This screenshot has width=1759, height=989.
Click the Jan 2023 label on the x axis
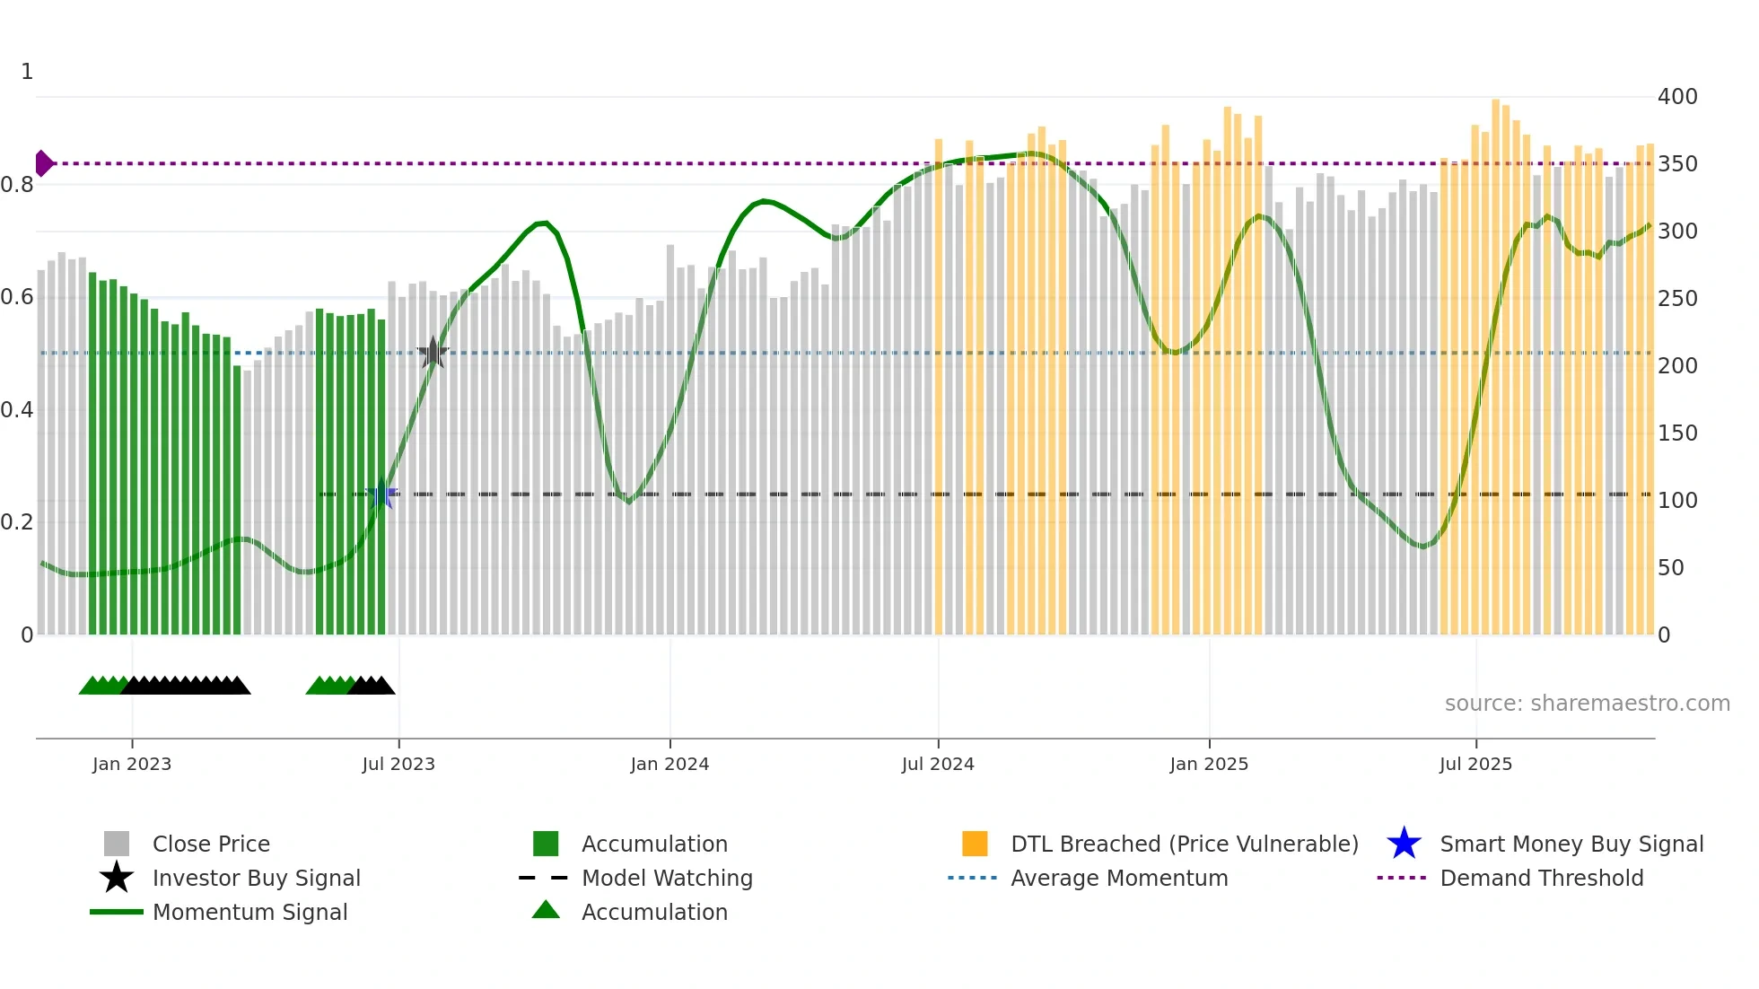click(132, 764)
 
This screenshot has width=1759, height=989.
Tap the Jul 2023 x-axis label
click(398, 764)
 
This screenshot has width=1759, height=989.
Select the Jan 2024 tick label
click(669, 764)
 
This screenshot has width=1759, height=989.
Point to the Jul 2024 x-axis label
click(938, 764)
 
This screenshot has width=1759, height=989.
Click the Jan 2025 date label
click(1209, 764)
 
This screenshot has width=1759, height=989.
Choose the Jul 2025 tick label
click(1475, 764)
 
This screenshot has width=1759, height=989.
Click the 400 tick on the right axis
click(1677, 96)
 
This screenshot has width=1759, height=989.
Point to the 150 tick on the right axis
click(1677, 433)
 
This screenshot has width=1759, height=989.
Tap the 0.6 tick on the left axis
click(17, 297)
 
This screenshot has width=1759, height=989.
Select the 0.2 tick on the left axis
click(17, 521)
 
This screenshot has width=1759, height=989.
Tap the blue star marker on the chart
click(382, 494)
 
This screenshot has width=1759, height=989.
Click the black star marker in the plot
click(433, 353)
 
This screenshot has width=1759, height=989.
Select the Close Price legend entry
click(210, 844)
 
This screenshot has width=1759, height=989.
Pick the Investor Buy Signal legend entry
click(256, 878)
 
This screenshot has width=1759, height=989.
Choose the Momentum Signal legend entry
click(249, 912)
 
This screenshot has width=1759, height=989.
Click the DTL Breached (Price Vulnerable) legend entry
click(1184, 844)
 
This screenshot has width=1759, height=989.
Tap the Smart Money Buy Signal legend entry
click(1571, 844)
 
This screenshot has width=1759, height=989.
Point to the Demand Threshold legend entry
click(1541, 878)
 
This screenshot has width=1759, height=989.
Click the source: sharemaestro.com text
click(1587, 704)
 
